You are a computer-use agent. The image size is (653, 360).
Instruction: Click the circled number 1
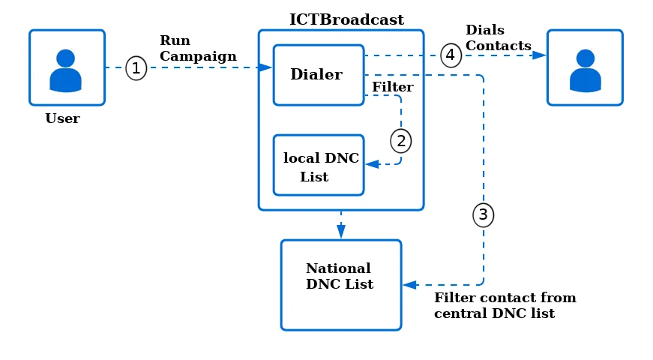pos(136,68)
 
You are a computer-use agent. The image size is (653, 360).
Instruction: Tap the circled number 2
pos(401,139)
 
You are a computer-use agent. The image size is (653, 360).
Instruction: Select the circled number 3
pos(483,215)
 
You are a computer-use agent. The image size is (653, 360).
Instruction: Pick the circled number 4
pos(451,55)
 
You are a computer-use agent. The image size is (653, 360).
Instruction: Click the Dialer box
pos(318,75)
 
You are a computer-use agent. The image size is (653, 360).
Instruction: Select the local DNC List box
pos(319,165)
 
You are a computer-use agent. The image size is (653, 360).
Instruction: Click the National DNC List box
pos(341,285)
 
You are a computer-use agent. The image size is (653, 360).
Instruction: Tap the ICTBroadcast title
pos(346,20)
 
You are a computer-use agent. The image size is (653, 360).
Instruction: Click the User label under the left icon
pos(62,118)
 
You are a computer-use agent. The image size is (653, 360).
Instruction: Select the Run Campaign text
pos(198,49)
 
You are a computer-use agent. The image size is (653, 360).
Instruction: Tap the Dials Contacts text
pos(498,38)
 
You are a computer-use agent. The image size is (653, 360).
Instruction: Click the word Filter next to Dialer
pos(393,88)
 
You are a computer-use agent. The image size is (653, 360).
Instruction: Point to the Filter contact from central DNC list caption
pos(505,306)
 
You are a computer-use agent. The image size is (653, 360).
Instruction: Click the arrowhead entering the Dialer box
pos(265,67)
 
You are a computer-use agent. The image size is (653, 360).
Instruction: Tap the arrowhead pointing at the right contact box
pos(539,55)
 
